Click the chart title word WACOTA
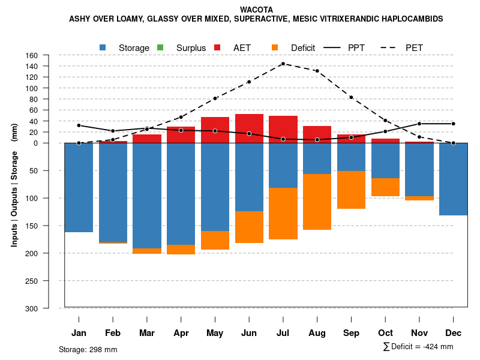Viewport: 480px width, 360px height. point(256,10)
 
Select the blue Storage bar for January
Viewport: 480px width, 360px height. point(79,187)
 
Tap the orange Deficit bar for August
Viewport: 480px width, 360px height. point(317,202)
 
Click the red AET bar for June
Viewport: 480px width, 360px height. point(249,128)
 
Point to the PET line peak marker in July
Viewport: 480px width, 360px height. point(283,64)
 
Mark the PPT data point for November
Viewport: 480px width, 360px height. point(419,124)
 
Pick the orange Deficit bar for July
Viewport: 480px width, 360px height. point(283,214)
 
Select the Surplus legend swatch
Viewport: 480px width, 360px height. point(160,47)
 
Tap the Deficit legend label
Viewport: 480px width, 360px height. point(303,47)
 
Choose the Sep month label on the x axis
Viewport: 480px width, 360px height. point(351,333)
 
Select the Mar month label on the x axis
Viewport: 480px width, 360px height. point(147,333)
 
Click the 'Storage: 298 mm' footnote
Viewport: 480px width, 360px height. point(88,349)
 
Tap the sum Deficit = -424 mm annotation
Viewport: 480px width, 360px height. point(418,346)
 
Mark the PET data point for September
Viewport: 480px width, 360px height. point(351,97)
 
